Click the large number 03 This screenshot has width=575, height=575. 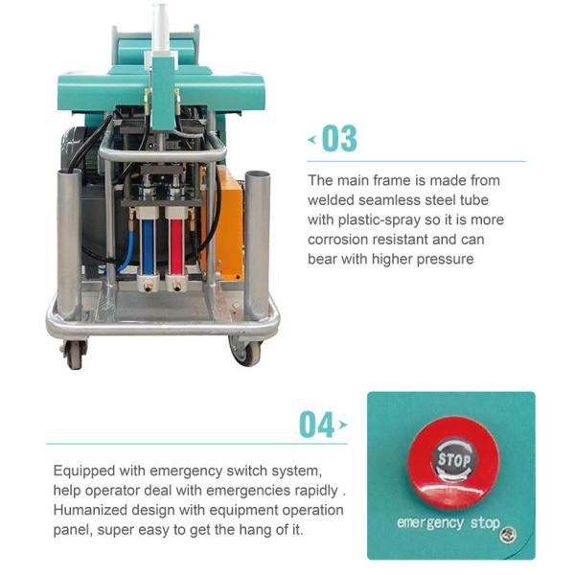pyautogui.click(x=339, y=139)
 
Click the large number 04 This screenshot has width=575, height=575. pyautogui.click(x=316, y=425)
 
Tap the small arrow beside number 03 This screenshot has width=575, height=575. pyautogui.click(x=312, y=139)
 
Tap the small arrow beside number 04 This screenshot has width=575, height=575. pyautogui.click(x=343, y=425)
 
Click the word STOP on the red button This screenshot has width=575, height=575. pyautogui.click(x=454, y=459)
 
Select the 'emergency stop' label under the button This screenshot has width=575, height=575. pyautogui.click(x=448, y=523)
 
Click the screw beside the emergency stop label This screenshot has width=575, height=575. pyautogui.click(x=509, y=535)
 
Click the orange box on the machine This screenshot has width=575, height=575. pyautogui.click(x=224, y=223)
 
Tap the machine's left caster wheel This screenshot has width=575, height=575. pyautogui.click(x=75, y=354)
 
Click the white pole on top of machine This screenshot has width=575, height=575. pyautogui.click(x=161, y=29)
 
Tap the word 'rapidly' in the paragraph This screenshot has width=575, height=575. pyautogui.click(x=316, y=491)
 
